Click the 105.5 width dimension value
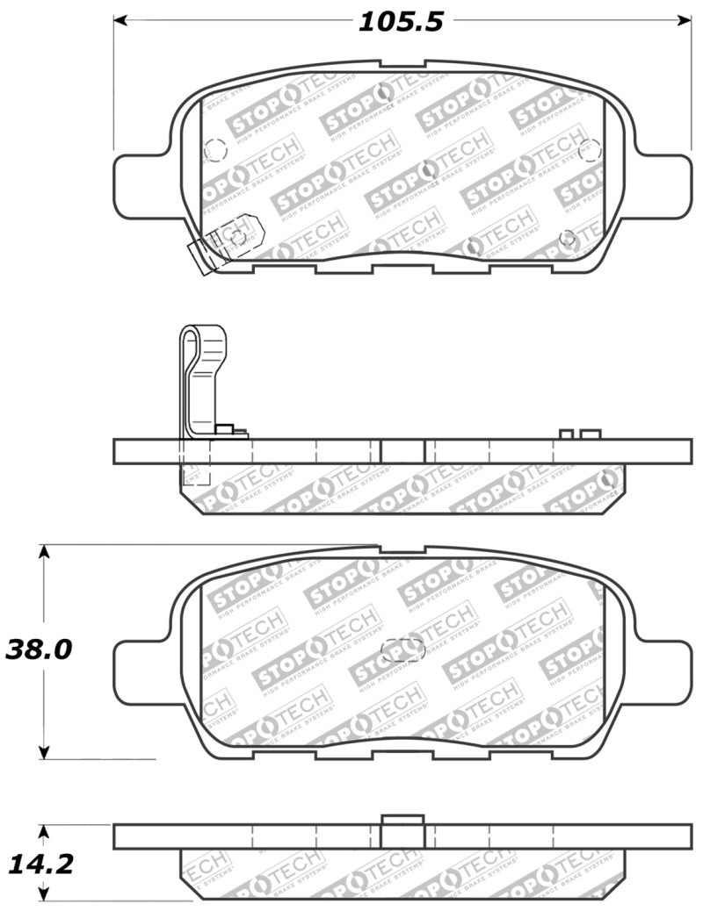[400, 21]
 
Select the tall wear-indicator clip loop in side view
[202, 369]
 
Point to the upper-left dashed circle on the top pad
[214, 151]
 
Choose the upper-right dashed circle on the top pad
[590, 149]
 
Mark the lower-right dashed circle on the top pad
[568, 237]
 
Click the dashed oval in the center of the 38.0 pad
[404, 650]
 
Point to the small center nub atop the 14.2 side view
[403, 820]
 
